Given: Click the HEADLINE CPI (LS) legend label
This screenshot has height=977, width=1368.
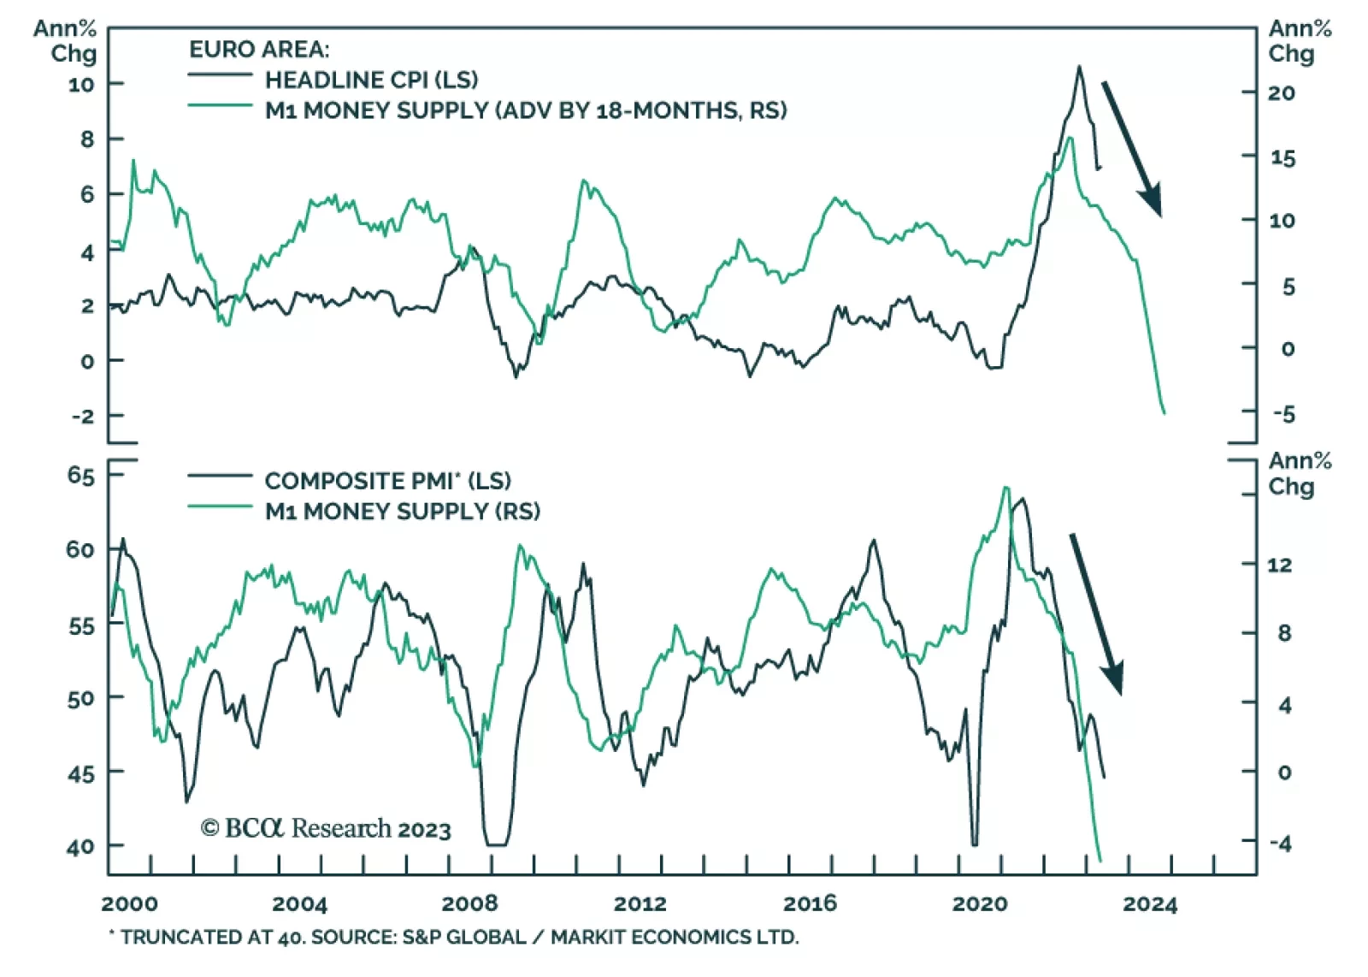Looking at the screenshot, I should (371, 80).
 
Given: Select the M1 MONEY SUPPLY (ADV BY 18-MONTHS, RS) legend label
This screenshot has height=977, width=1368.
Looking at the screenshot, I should (525, 110).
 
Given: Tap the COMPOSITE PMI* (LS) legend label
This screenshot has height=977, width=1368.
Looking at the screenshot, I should (387, 481).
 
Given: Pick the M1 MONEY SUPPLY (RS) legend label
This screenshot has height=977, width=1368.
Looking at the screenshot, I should (402, 512).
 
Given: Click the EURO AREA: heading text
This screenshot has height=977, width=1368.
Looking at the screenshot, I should (258, 50).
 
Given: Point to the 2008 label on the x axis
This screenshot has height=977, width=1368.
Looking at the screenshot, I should (469, 904).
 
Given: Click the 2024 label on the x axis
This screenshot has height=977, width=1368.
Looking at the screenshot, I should (1150, 904).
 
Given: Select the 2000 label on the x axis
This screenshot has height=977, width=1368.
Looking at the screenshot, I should (130, 904).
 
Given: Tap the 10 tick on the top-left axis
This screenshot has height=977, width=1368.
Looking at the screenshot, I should (81, 85).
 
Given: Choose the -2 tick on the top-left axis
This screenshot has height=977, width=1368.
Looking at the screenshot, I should (83, 417).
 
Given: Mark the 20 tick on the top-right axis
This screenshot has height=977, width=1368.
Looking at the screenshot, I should (1281, 93).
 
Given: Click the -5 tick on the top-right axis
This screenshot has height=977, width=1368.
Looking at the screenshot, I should (1283, 414).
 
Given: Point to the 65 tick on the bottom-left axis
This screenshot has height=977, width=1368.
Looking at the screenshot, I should (81, 476).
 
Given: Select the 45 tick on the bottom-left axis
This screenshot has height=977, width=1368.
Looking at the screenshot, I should (81, 773).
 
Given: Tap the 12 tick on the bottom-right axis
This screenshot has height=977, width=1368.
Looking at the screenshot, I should (1280, 565).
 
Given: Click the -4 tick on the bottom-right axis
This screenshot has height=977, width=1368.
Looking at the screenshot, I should (1280, 844).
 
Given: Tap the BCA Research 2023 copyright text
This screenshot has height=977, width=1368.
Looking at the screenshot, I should (326, 829).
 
